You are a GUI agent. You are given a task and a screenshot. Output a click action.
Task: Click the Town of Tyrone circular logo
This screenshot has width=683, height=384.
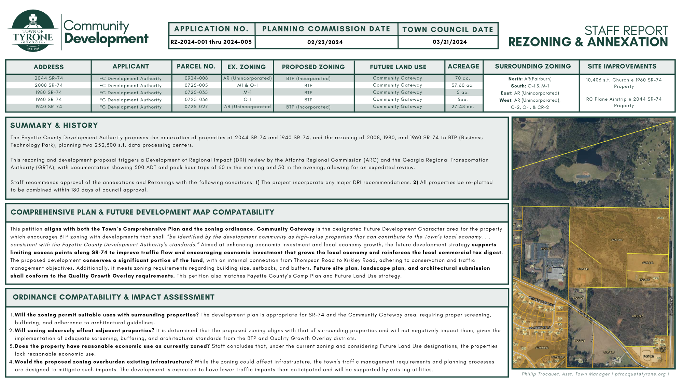33,31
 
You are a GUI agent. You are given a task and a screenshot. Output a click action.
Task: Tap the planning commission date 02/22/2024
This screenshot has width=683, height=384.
325,42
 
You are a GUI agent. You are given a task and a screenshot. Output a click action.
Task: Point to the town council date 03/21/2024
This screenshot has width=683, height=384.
449,42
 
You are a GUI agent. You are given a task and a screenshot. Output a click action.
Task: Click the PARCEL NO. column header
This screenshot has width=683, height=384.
196,67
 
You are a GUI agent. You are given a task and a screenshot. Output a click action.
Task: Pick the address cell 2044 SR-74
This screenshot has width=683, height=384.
48,78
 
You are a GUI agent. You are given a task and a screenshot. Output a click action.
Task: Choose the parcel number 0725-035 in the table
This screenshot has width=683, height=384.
196,93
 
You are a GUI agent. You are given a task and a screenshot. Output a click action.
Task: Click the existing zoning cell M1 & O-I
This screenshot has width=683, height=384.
248,85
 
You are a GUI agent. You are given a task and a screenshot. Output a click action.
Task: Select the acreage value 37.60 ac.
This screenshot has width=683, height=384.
463,85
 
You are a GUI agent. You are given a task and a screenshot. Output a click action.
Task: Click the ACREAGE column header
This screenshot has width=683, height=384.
463,67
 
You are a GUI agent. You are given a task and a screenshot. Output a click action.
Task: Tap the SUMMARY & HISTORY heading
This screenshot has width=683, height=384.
54,125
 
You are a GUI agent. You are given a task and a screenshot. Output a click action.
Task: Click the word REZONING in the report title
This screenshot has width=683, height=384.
540,42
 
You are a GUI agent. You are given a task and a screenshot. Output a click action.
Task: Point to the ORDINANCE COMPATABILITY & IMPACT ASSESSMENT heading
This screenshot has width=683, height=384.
113,297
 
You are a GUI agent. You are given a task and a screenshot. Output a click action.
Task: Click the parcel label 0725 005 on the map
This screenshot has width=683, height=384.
617,240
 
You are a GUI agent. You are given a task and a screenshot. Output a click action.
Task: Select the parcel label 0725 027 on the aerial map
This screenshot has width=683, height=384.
637,316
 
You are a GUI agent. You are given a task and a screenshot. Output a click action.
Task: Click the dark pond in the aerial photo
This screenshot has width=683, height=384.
589,158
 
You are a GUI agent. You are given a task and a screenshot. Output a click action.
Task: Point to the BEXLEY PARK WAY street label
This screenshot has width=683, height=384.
541,301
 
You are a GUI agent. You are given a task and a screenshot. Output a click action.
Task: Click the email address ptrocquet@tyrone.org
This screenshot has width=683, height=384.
640,374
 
